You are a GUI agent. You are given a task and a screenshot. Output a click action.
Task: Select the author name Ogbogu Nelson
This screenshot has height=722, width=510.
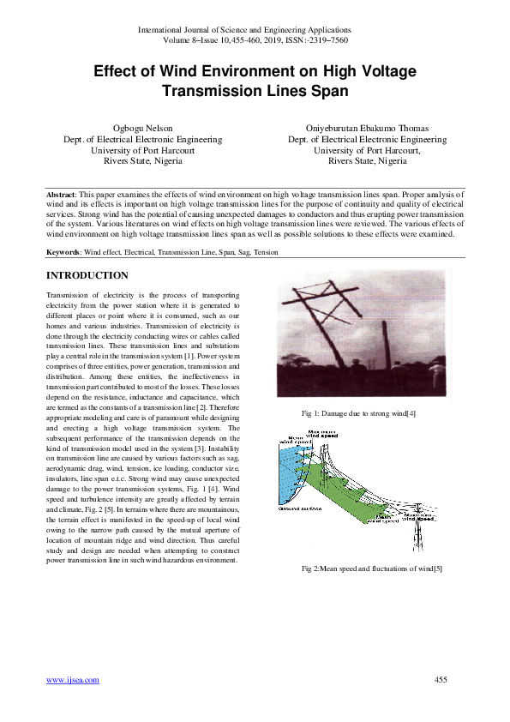point(143,128)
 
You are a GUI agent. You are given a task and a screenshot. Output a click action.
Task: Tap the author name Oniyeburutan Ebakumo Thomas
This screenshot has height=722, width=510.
point(367,128)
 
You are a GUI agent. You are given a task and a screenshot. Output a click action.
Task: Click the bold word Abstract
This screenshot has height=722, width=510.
point(62,196)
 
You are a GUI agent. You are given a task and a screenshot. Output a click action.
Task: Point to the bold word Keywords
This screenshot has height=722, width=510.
point(63,252)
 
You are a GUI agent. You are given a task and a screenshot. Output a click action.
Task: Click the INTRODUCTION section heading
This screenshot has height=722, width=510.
point(87,275)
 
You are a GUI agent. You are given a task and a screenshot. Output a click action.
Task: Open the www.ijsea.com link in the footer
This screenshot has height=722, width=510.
point(72,680)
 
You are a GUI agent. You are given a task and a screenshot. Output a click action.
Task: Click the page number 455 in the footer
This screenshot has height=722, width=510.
point(441,680)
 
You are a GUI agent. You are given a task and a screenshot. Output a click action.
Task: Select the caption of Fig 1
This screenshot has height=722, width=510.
point(359,414)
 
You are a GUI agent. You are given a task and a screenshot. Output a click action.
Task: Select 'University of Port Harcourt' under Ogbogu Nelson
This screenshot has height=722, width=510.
point(143,149)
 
